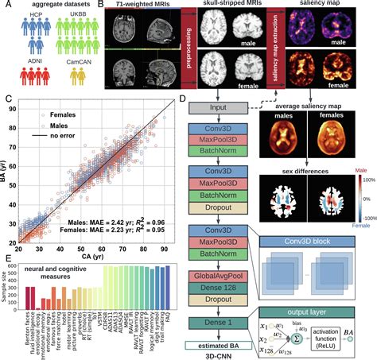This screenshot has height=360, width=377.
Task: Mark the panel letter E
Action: (x=8, y=257)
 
